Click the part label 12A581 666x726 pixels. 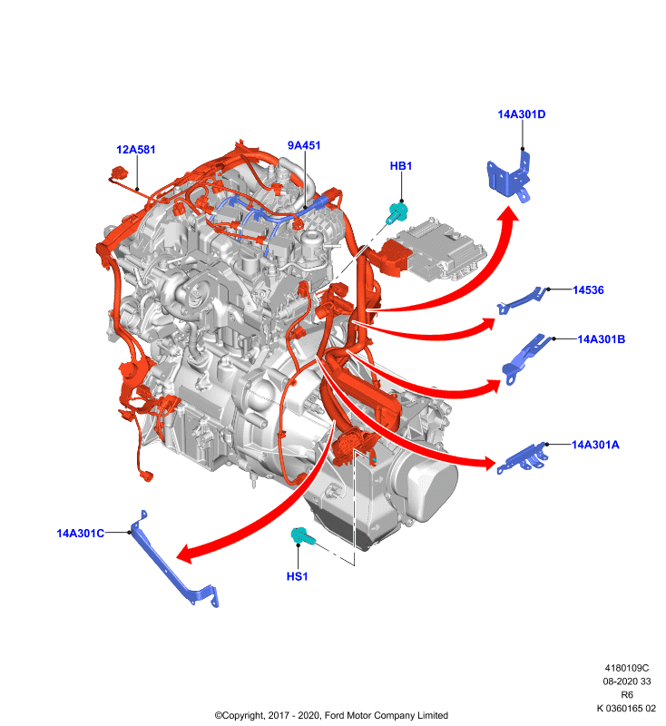pos(135,150)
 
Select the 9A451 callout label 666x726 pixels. pos(304,145)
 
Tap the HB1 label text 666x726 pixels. pos(401,166)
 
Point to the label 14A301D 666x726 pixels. pos(522,114)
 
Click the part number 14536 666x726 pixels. pos(588,290)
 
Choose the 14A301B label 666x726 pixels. pos(602,339)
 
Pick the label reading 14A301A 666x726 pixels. pos(595,445)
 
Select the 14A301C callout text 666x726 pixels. pos(81,534)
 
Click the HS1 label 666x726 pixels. pos(297,576)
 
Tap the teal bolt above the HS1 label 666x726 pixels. pos(303,536)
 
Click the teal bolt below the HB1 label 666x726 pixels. pos(397,212)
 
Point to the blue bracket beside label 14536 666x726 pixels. pos(521,301)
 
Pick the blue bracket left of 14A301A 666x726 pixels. pos(522,459)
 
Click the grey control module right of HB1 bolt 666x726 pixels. pos(442,249)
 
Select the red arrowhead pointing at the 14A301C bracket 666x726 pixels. pos(187,553)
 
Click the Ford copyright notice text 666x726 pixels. pos(331,715)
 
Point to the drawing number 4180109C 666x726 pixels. pos(627,668)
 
